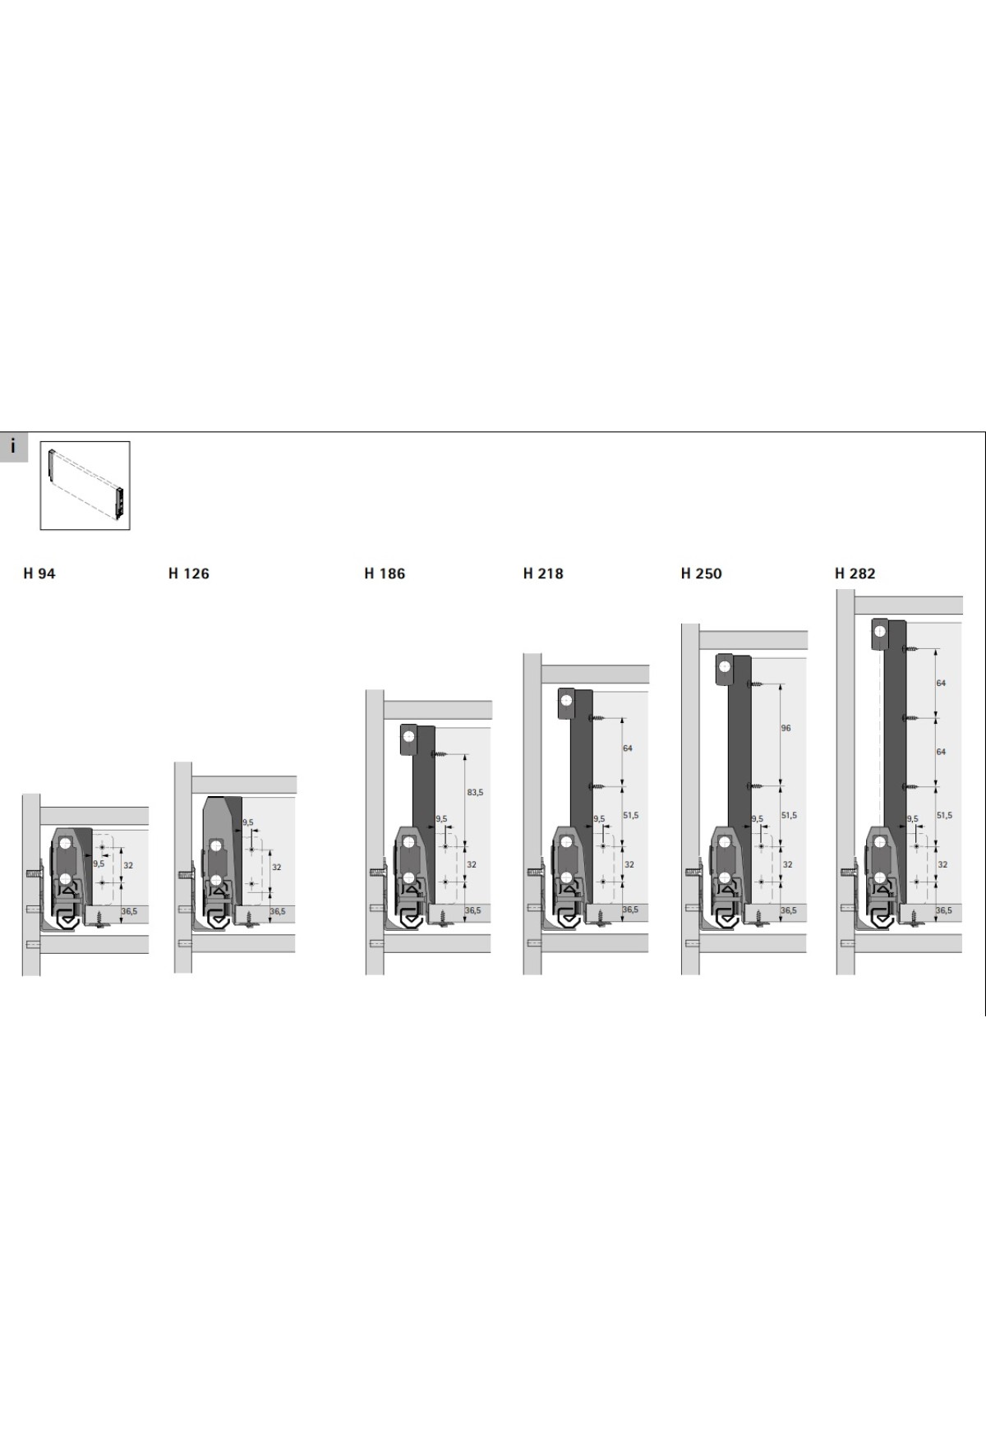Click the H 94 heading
click(x=39, y=573)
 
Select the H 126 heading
click(x=188, y=573)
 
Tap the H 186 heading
click(x=385, y=573)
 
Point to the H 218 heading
click(x=543, y=573)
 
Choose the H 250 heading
click(x=701, y=573)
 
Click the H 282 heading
click(x=855, y=573)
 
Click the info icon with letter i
click(x=13, y=447)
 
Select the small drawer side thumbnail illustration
click(x=85, y=486)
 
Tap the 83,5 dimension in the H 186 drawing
click(x=475, y=792)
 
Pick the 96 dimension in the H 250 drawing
click(x=786, y=728)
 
